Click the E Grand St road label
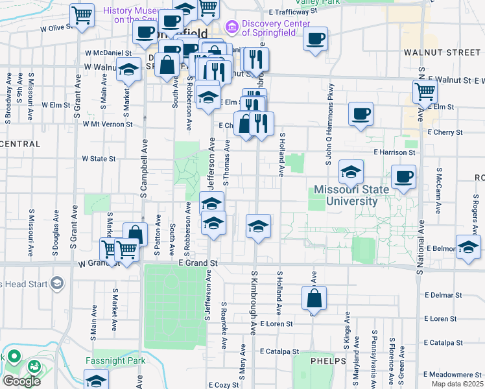[197, 263]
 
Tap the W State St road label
[99, 158]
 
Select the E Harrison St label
[394, 152]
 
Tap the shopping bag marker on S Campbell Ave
[135, 234]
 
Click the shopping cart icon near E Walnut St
[425, 92]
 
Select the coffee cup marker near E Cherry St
[361, 114]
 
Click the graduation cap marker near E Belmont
[468, 247]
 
